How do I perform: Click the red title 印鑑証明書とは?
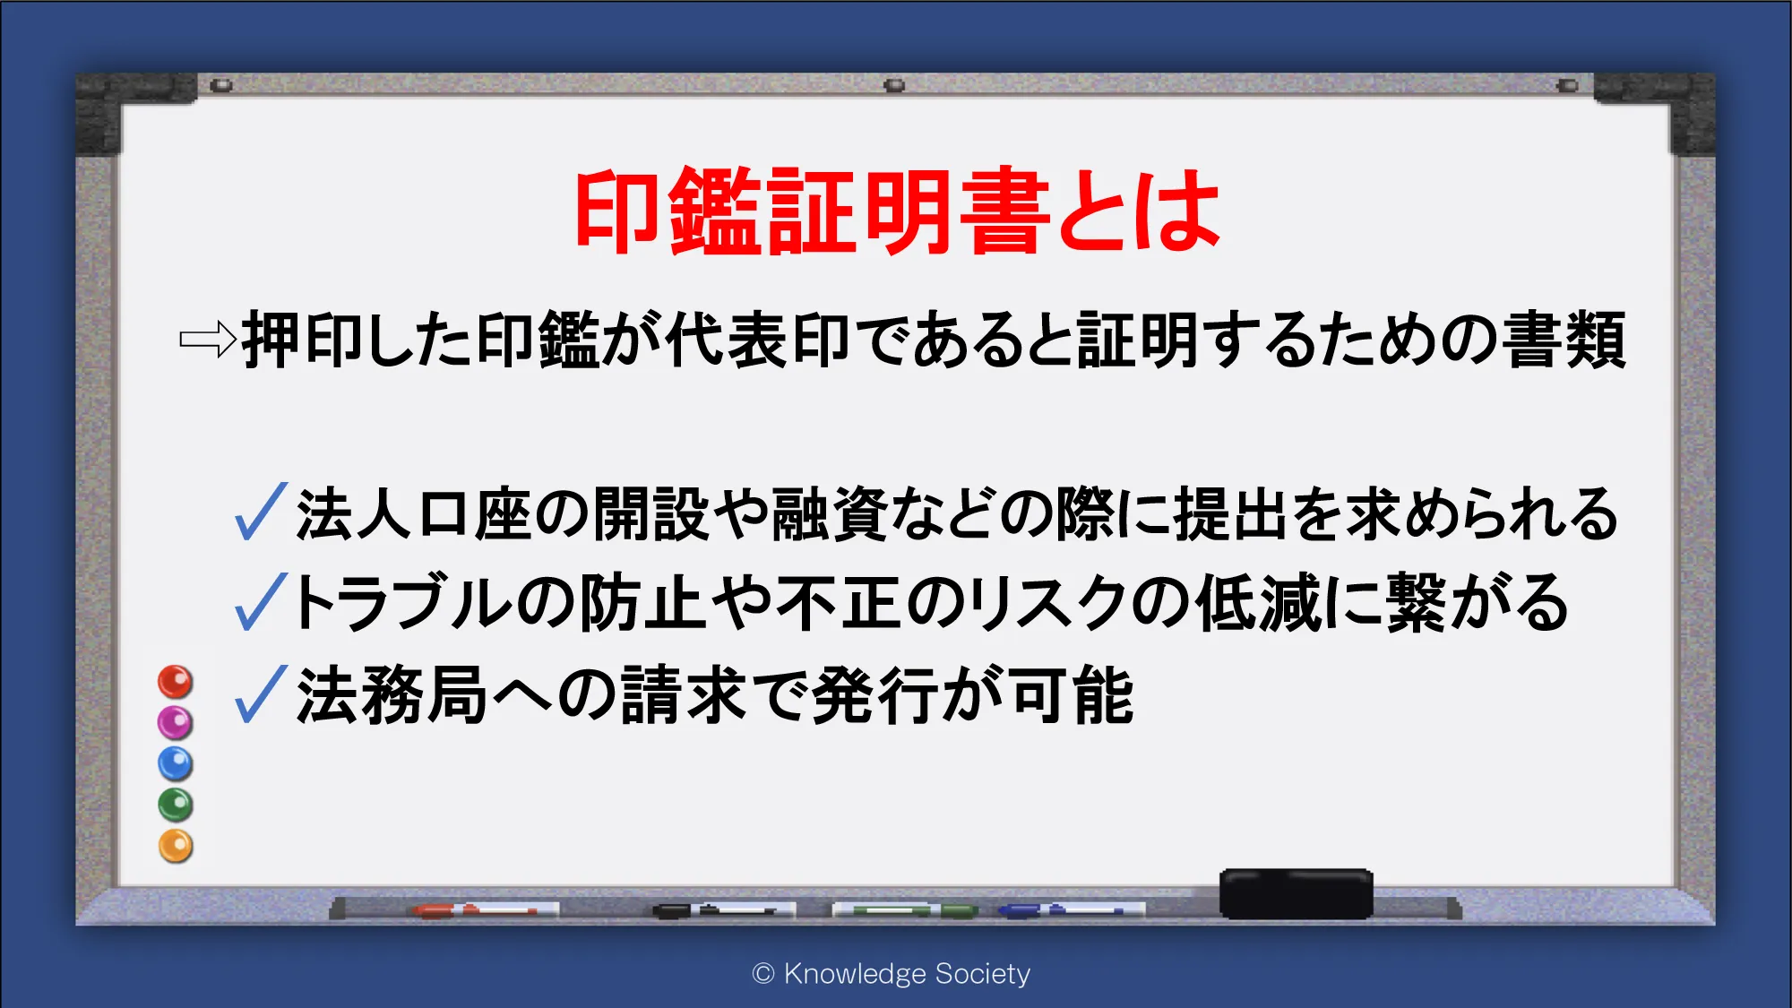point(897,211)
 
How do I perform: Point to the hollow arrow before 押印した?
point(208,340)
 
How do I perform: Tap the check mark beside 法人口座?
point(261,512)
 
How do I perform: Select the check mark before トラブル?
point(261,601)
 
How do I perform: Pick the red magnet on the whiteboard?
point(176,682)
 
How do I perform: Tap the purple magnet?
point(176,722)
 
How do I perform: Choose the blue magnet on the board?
point(176,763)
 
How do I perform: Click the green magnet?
point(176,805)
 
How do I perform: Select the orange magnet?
point(176,846)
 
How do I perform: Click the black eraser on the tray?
point(1296,893)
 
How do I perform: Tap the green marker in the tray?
point(905,910)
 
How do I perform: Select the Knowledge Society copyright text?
point(892,974)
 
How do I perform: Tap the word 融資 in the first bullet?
point(829,514)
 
